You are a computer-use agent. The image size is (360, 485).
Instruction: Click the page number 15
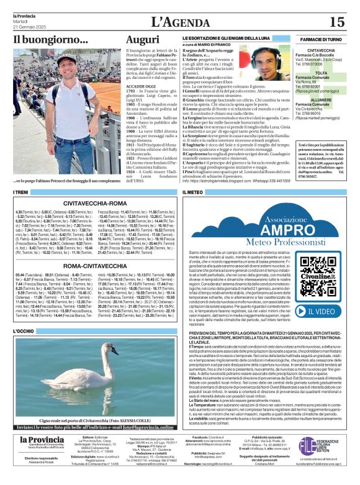click(x=336, y=22)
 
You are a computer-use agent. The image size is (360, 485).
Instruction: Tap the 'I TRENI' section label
click(x=21, y=193)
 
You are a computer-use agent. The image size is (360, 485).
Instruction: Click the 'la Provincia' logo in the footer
click(x=41, y=458)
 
